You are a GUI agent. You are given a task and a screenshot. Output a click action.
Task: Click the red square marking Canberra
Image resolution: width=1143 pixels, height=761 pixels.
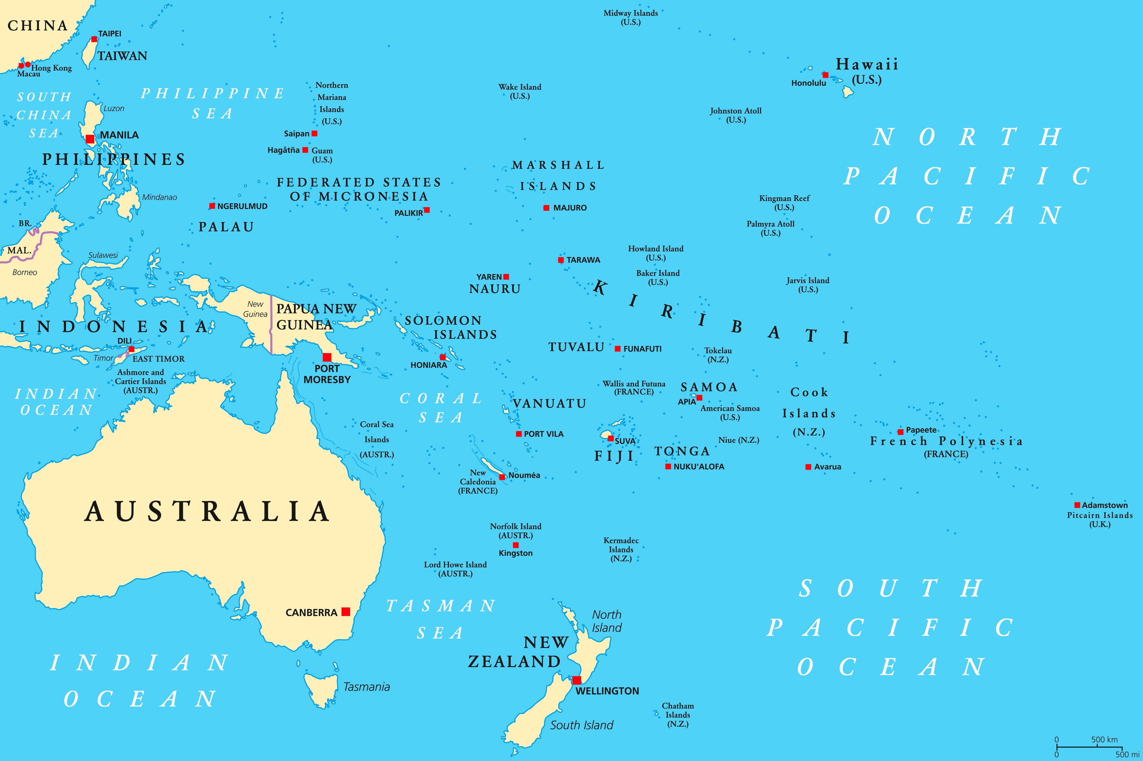[x=346, y=611]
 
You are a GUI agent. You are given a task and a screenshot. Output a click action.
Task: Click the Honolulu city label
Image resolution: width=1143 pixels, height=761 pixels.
[x=809, y=83]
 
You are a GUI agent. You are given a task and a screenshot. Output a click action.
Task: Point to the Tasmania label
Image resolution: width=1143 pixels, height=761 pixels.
[x=367, y=687]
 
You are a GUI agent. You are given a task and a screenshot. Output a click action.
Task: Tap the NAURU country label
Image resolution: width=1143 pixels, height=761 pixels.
[x=495, y=289]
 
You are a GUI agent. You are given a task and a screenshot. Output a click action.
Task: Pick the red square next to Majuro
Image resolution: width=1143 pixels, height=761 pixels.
[x=546, y=208]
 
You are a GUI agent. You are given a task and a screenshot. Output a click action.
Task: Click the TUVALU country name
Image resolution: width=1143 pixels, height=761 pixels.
[x=576, y=347]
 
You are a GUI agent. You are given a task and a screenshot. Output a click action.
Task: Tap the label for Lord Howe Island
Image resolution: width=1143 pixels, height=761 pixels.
[x=455, y=569]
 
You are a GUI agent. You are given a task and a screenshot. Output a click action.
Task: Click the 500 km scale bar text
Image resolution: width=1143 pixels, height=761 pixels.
[x=1105, y=739]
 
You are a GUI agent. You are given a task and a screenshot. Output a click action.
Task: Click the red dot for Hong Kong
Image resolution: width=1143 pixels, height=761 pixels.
[x=28, y=65]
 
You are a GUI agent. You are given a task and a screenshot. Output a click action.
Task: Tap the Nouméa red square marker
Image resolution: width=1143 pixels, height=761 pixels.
[x=502, y=477]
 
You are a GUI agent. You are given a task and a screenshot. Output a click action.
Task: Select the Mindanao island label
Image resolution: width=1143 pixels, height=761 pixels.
[x=159, y=197]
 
